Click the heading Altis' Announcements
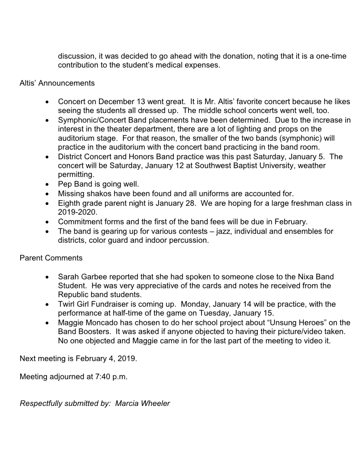click(x=57, y=83)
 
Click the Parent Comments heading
click(x=51, y=258)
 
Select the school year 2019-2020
click(x=77, y=212)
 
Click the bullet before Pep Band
click(x=47, y=184)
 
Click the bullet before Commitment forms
click(x=47, y=222)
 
